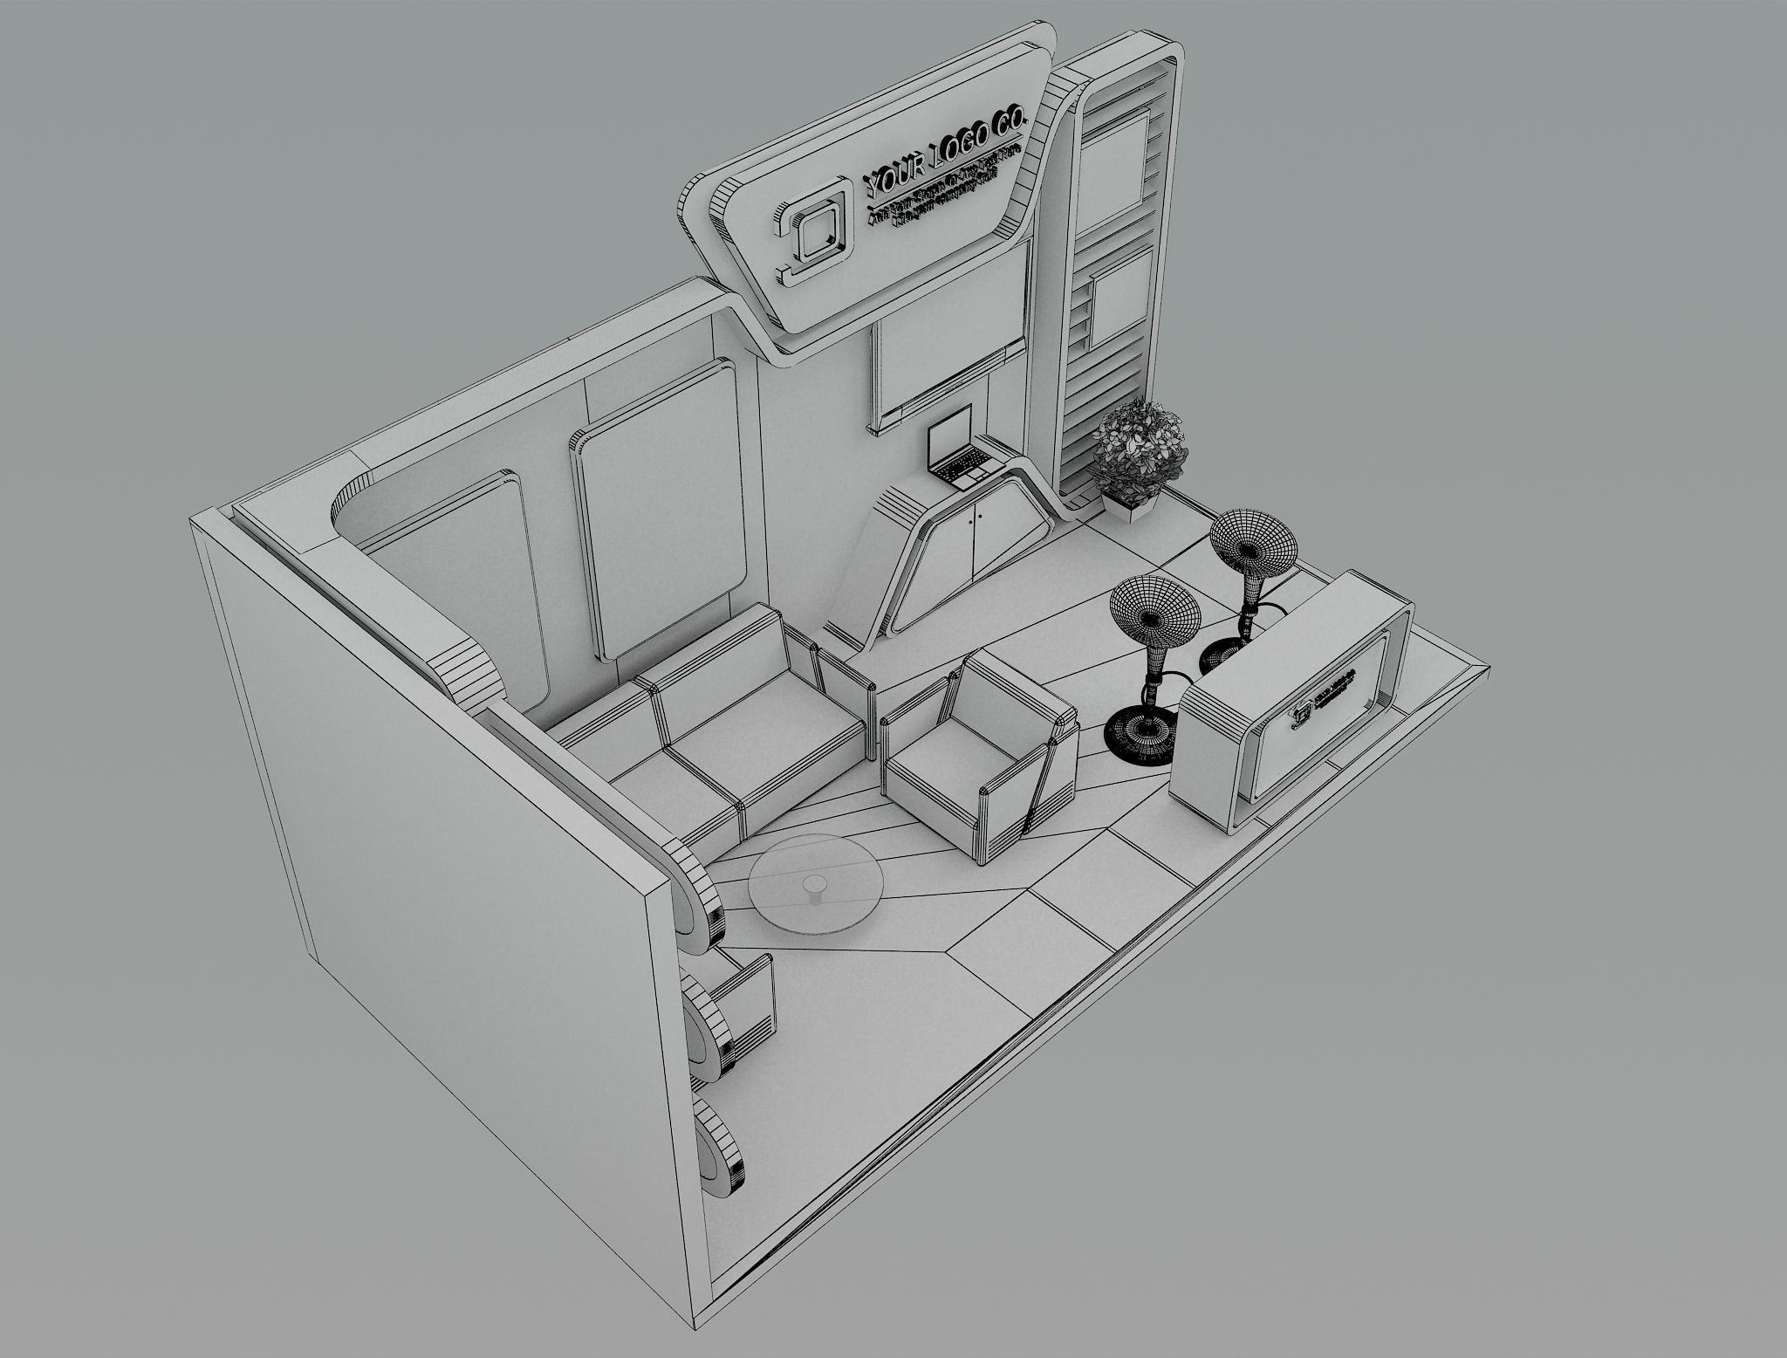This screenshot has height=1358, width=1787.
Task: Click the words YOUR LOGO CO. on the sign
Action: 944,150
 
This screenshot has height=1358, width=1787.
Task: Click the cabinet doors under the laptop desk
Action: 980,542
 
